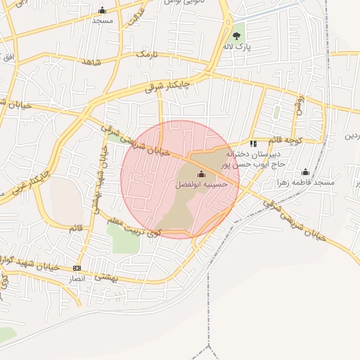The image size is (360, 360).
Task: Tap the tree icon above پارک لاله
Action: point(236,36)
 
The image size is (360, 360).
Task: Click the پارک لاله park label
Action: point(237,46)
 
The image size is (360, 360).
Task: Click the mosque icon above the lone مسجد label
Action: point(103,10)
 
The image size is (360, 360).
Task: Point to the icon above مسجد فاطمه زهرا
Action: point(305,172)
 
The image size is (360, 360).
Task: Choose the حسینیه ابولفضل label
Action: point(202,184)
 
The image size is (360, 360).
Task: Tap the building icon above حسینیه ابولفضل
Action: point(202,174)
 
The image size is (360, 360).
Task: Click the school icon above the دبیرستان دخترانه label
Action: point(253,143)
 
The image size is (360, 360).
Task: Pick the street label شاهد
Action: point(91,63)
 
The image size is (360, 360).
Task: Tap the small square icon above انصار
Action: point(77,268)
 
